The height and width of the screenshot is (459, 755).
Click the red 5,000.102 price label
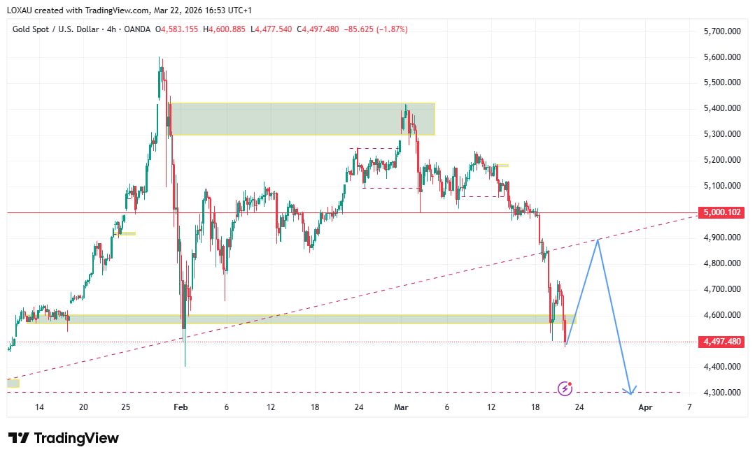721,212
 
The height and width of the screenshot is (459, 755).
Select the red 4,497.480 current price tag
721,342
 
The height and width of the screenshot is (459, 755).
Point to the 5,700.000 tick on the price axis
721,31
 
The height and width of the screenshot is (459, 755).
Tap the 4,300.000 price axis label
721,393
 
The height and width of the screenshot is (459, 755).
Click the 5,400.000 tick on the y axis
721,108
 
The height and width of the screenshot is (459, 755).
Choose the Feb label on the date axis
181,407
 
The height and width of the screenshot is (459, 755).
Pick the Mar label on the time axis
401,407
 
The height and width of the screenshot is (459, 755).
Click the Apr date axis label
645,407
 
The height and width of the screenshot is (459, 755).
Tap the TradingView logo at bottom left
64,438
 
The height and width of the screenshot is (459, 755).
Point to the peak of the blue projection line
598,240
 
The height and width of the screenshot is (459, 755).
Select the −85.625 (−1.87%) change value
374,29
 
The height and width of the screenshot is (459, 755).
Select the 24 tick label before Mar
359,407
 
